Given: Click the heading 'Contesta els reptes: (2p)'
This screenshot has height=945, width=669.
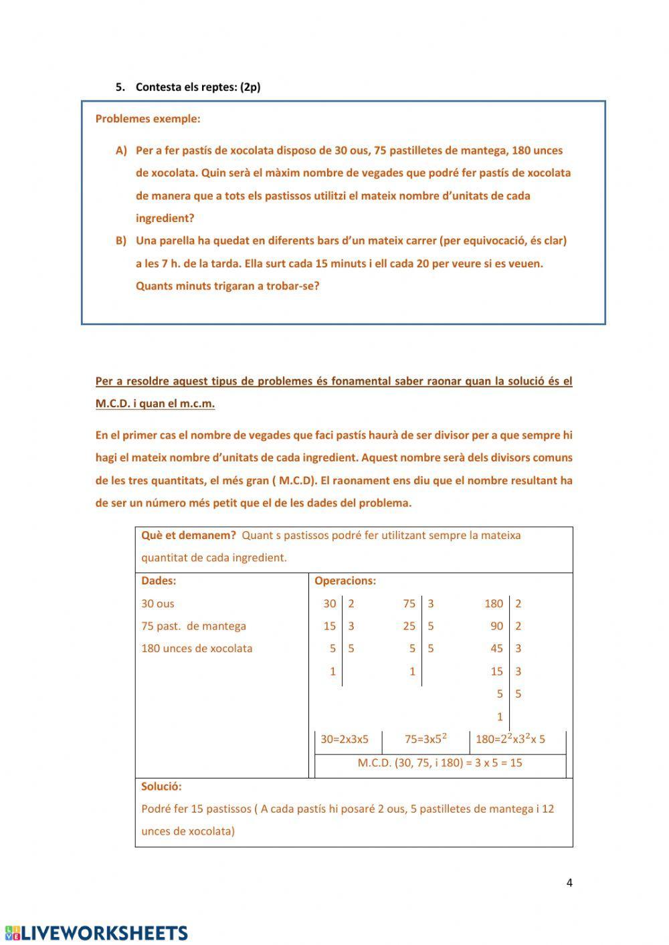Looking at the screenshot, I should (197, 87).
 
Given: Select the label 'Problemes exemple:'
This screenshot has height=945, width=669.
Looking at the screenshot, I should (147, 119).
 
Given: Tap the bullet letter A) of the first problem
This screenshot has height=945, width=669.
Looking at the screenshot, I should (121, 150).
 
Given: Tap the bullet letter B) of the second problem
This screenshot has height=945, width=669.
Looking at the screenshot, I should (121, 241).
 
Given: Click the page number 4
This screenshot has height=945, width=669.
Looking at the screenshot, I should (569, 882).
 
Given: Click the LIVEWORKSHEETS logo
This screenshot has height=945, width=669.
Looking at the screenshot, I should (96, 933).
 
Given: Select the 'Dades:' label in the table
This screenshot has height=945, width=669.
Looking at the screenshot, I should (159, 581).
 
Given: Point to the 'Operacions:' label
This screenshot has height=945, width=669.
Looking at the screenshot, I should (345, 581).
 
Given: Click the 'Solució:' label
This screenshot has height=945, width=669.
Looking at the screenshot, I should (161, 786).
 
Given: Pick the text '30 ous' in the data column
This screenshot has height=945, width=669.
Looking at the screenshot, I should (157, 603).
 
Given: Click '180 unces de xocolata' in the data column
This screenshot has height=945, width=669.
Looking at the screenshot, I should (197, 648).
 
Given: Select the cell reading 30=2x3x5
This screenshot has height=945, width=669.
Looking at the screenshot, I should (345, 739).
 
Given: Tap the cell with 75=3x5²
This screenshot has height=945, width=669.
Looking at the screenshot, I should (425, 739).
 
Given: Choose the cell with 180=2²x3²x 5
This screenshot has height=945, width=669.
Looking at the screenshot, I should (510, 739).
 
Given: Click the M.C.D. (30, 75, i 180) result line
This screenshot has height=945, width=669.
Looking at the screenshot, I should (440, 762).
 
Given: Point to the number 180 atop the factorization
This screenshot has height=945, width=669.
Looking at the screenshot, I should (493, 603).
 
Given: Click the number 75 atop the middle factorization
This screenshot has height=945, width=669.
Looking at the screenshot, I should (409, 603).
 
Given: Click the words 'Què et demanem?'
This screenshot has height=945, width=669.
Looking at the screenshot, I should (188, 535).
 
